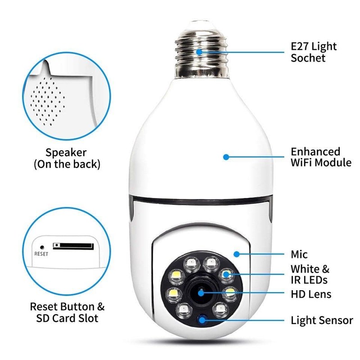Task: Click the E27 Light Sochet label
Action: click(x=314, y=52)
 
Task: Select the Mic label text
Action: click(x=299, y=255)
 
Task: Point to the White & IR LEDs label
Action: click(x=310, y=274)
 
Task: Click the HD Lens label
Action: click(x=310, y=294)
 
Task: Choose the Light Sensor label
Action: click(x=321, y=320)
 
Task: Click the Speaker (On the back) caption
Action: click(x=67, y=158)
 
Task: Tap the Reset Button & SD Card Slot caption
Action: click(x=67, y=312)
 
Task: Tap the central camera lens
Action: click(x=199, y=293)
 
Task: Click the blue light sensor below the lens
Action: click(x=202, y=320)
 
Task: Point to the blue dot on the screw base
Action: click(x=199, y=52)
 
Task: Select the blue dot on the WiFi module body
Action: click(x=226, y=157)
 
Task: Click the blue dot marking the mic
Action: click(x=236, y=254)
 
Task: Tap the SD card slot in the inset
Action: click(x=73, y=246)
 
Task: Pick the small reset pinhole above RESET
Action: click(x=42, y=247)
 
